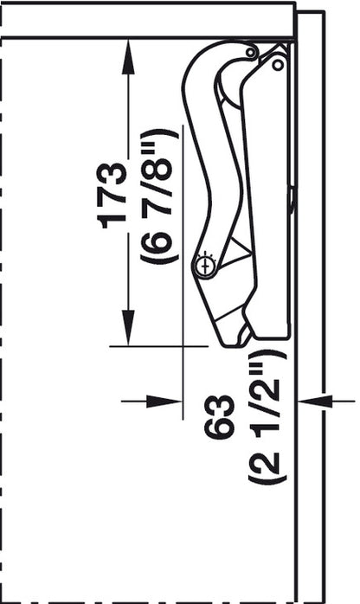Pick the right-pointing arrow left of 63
(x=169, y=401)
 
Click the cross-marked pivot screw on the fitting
(x=205, y=266)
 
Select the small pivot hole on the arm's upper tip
(x=250, y=53)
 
